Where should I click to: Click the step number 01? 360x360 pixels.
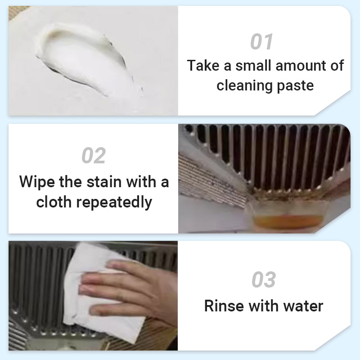coord(262,42)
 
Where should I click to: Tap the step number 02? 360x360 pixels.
coord(94,156)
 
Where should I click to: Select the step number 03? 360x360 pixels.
coord(264,280)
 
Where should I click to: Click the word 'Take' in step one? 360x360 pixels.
coord(203,66)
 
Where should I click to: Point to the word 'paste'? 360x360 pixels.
coord(295,85)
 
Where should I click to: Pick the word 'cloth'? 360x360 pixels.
coord(54,202)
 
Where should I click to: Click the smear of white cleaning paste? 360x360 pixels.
coord(85,58)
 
